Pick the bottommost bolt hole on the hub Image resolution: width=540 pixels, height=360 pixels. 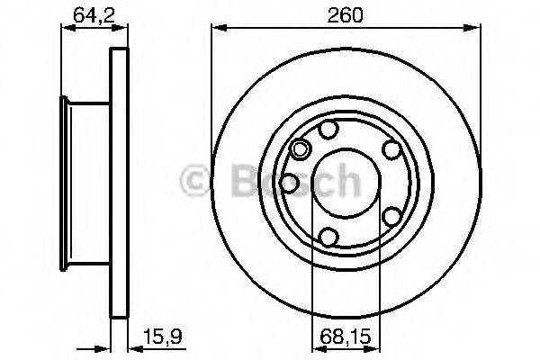tap(330, 236)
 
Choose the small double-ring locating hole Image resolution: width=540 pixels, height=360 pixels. tap(301, 149)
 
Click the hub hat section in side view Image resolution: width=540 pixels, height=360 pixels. tap(85, 181)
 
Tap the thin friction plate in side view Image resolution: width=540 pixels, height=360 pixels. tap(115, 181)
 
